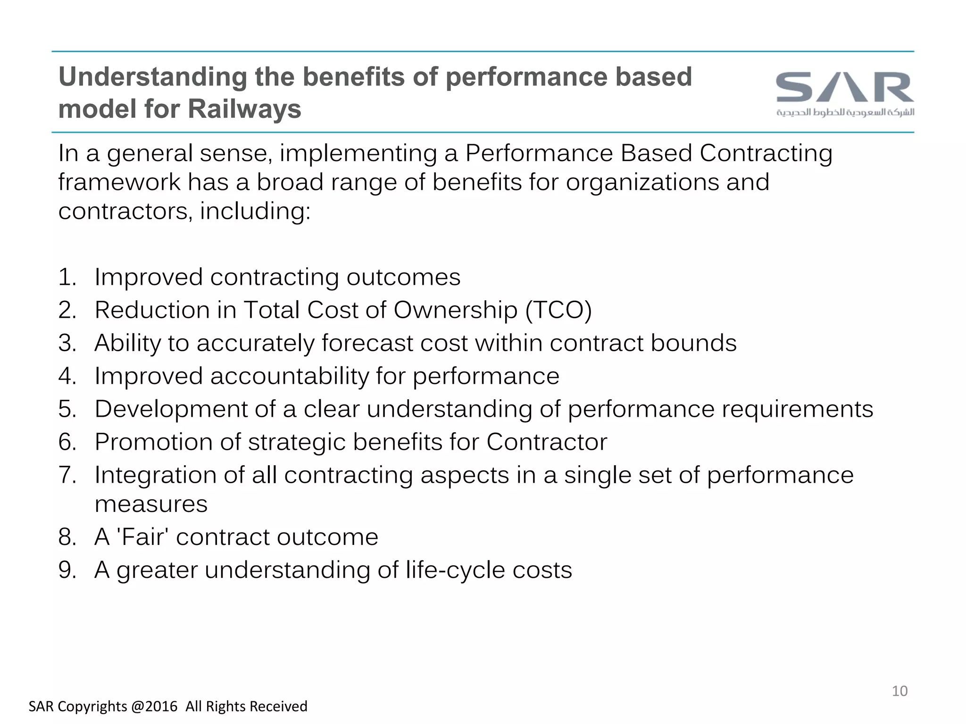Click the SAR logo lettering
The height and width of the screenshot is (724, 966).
(x=845, y=87)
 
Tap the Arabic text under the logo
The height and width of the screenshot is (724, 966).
(x=845, y=112)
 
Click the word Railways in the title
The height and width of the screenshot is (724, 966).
(x=244, y=109)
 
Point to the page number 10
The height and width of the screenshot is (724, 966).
(x=899, y=691)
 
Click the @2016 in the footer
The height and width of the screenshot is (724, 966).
(x=154, y=706)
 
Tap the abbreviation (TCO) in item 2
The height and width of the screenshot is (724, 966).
(x=558, y=310)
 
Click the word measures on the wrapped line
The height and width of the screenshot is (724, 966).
(x=151, y=504)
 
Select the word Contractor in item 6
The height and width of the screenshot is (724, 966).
(x=546, y=442)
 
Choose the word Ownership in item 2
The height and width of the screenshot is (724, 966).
(x=455, y=310)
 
